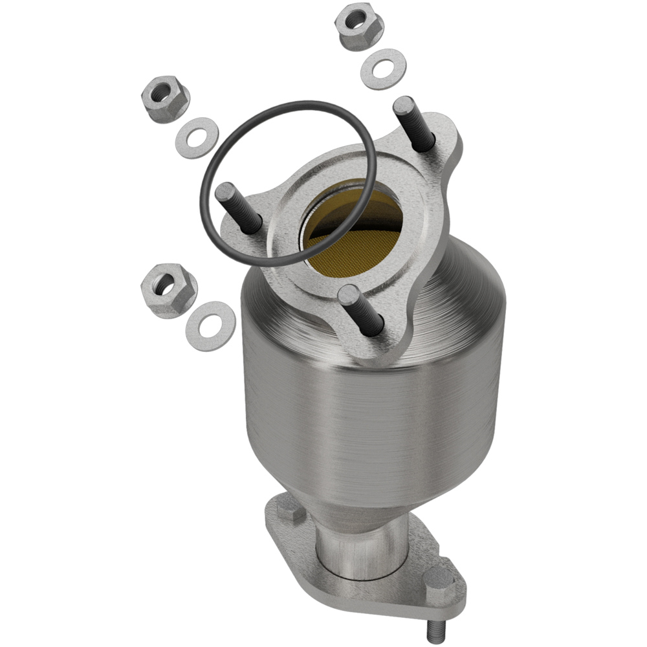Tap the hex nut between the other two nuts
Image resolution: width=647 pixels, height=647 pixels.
pyautogui.click(x=165, y=103)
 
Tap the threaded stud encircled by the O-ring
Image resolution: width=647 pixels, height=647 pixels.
pyautogui.click(x=236, y=203)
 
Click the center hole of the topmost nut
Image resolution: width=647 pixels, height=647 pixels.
pyautogui.click(x=356, y=21)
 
